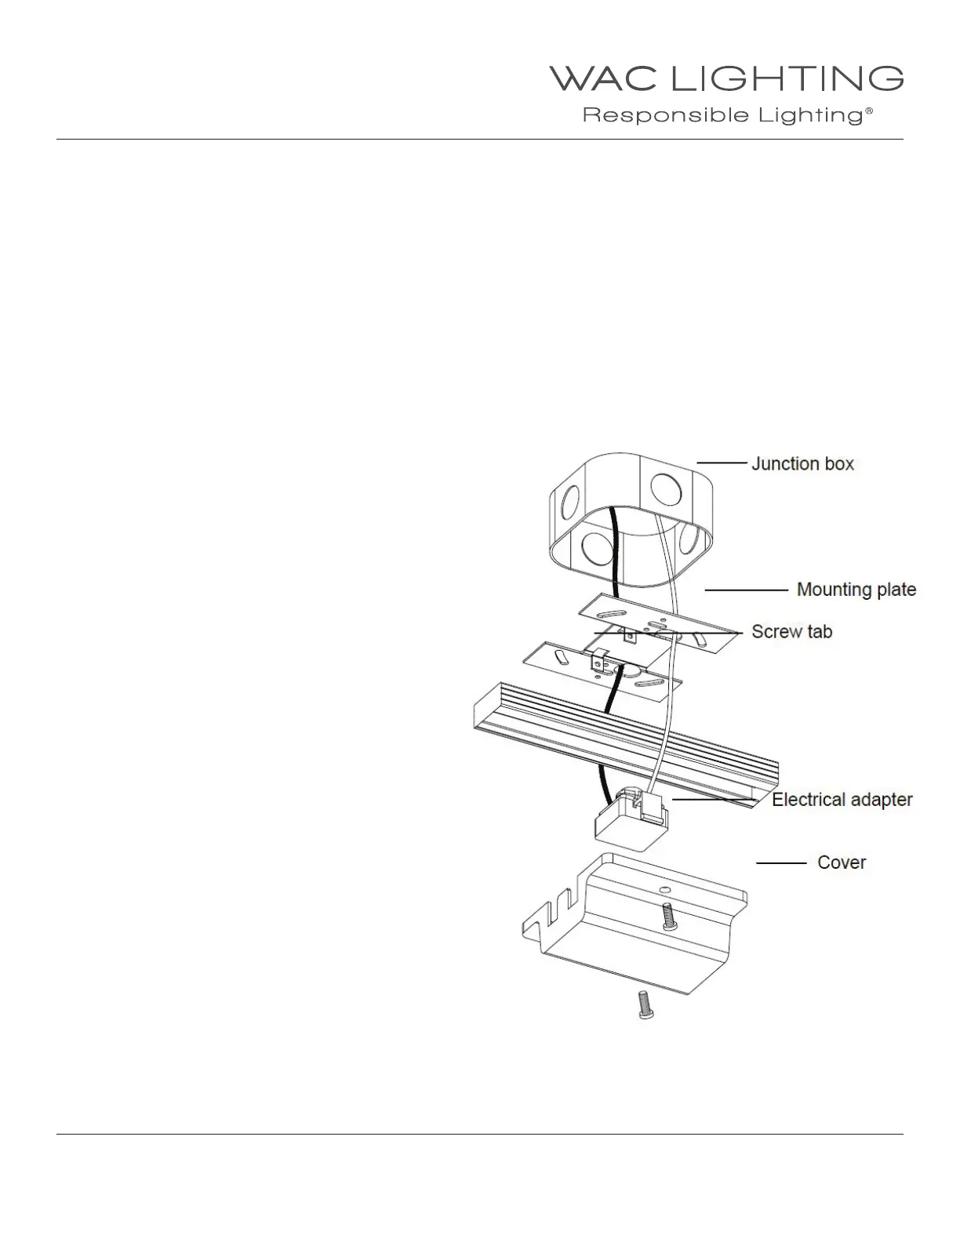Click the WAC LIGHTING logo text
click(x=725, y=79)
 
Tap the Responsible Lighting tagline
click(x=722, y=116)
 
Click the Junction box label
click(x=802, y=463)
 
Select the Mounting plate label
click(x=856, y=589)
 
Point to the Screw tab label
click(x=791, y=631)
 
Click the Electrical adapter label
click(x=842, y=800)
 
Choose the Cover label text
click(x=842, y=862)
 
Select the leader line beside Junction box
click(x=721, y=463)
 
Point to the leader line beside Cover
click(x=781, y=862)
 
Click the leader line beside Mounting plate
click(x=746, y=589)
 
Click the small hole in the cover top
click(x=665, y=890)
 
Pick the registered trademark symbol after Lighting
click(x=868, y=112)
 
